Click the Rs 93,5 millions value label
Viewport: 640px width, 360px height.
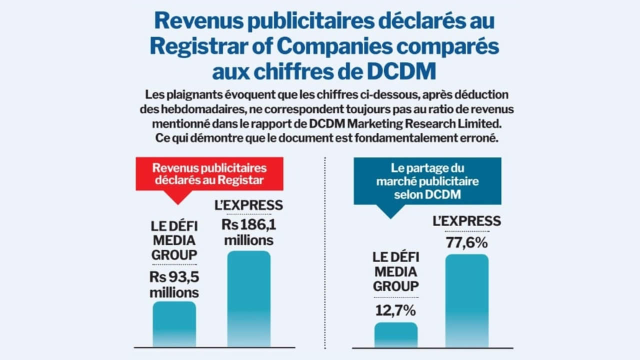pyautogui.click(x=174, y=284)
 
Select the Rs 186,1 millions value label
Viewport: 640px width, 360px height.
pyautogui.click(x=248, y=232)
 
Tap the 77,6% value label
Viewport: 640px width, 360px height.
pyautogui.click(x=466, y=243)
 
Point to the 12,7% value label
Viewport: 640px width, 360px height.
pyautogui.click(x=395, y=310)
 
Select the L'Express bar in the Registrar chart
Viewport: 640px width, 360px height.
pyautogui.click(x=248, y=298)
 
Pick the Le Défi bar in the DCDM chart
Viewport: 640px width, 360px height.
pyautogui.click(x=395, y=334)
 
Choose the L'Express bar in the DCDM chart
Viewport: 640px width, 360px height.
pyautogui.click(x=466, y=300)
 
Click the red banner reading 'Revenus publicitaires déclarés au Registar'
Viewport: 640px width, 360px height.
pyautogui.click(x=209, y=174)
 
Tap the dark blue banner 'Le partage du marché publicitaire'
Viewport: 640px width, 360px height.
pyautogui.click(x=427, y=181)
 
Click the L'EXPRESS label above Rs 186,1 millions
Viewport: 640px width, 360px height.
pyautogui.click(x=248, y=205)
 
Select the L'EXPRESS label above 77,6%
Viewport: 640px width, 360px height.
pyautogui.click(x=466, y=220)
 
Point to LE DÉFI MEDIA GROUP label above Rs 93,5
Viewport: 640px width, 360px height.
pyautogui.click(x=174, y=240)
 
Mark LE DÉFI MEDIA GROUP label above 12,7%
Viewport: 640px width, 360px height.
pyautogui.click(x=395, y=272)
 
